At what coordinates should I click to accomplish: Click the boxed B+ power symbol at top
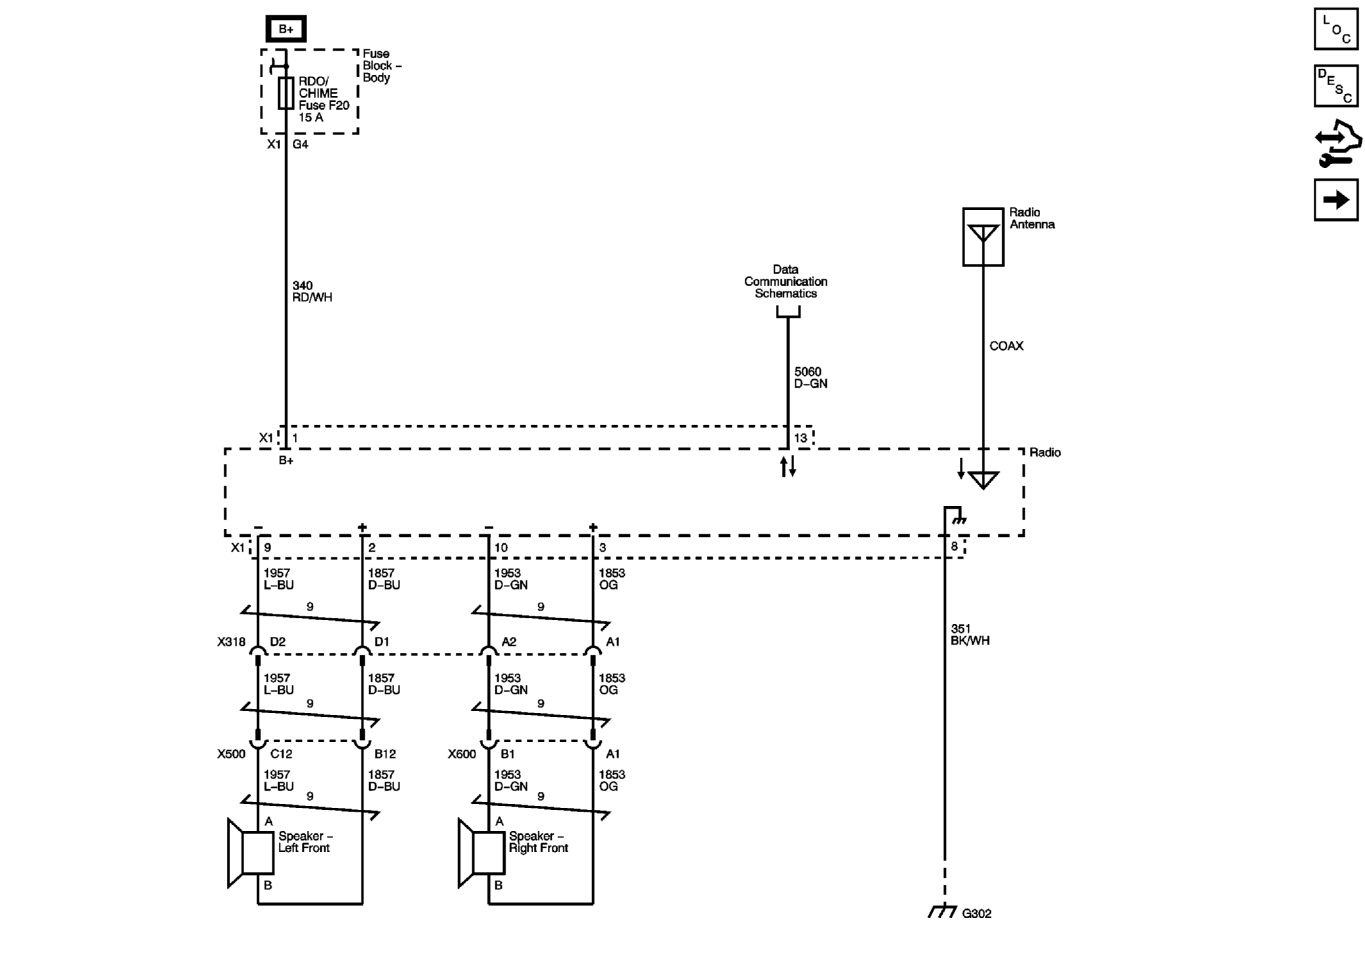point(286,29)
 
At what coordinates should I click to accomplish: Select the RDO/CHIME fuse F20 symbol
point(286,93)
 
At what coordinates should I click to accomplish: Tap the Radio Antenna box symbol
point(983,236)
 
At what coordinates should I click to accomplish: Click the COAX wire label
point(1006,346)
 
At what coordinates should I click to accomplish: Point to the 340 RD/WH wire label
point(312,292)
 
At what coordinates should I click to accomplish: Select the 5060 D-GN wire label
point(811,377)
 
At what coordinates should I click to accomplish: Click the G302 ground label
point(977,914)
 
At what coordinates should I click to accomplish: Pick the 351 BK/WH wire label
point(970,634)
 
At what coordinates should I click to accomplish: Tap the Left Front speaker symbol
point(251,853)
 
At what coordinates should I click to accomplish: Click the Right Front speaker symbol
point(481,853)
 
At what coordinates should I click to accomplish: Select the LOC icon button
point(1336,29)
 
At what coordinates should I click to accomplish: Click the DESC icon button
point(1336,86)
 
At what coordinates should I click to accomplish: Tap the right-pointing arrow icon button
point(1336,200)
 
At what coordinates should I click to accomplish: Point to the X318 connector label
point(231,642)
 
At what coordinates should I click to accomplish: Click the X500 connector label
point(231,754)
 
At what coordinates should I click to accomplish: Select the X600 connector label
point(461,754)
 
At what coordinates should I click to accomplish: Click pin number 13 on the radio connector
point(800,438)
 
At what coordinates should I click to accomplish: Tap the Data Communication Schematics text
point(786,281)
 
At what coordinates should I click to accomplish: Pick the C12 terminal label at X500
point(281,754)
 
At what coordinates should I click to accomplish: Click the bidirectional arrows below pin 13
point(788,466)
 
